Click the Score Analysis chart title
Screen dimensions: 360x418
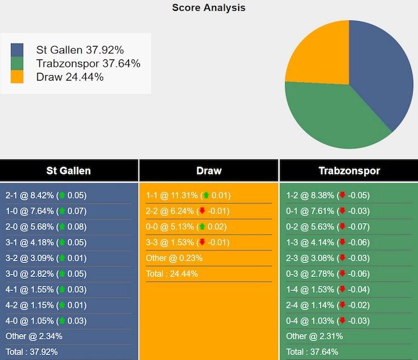[208, 8]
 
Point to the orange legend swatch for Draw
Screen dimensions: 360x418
[18, 77]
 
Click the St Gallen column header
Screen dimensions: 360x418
[68, 170]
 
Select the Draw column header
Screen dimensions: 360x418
[208, 170]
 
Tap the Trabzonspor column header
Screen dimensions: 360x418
[349, 170]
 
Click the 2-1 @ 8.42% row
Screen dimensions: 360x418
[46, 195]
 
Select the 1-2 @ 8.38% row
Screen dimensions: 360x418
[327, 195]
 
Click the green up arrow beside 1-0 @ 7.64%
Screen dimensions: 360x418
[62, 211]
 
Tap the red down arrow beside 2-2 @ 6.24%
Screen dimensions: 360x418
[202, 211]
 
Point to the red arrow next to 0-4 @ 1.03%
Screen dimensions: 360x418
[342, 321]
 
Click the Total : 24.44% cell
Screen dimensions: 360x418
[172, 274]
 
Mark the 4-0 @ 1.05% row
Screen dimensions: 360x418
[46, 321]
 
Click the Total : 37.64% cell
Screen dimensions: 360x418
[312, 352]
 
